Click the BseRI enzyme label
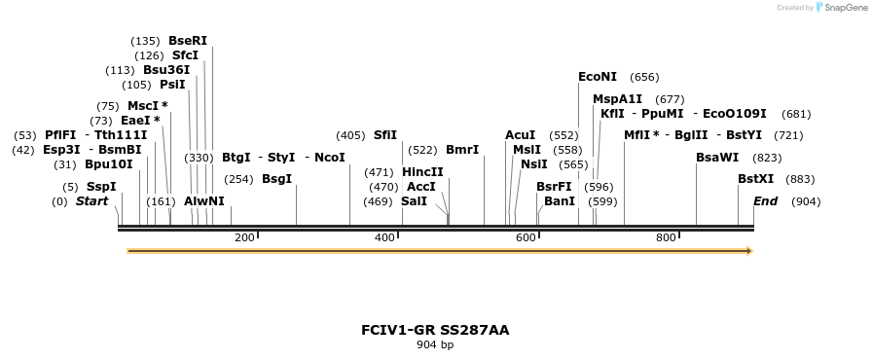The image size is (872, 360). coord(188,41)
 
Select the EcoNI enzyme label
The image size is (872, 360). coord(598,77)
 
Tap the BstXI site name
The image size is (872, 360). coord(756,179)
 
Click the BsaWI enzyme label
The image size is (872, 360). coord(717,158)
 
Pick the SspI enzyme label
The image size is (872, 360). coord(100,187)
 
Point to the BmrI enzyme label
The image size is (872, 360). coord(462,150)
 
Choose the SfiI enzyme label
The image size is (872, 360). coord(385,135)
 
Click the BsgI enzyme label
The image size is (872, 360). coord(276,179)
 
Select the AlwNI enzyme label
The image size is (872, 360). coord(204,201)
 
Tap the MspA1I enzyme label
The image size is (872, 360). coord(618,99)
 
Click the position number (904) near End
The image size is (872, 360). coord(806,201)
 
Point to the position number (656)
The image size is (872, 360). coord(644,77)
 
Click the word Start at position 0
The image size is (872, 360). coord(91,201)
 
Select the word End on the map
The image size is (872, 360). coord(766,201)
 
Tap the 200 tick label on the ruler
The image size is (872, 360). coord(244,237)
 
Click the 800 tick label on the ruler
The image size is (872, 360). coord(666,237)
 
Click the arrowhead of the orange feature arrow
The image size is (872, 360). coord(749,251)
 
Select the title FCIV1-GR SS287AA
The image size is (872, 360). coord(435,330)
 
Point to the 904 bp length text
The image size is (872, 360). coord(435,345)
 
